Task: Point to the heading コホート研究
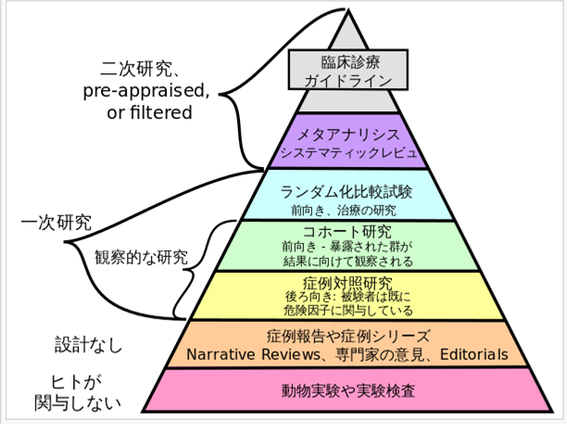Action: (346, 231)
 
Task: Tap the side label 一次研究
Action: (57, 223)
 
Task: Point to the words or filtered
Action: (148, 112)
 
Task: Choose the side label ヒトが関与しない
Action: (74, 392)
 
